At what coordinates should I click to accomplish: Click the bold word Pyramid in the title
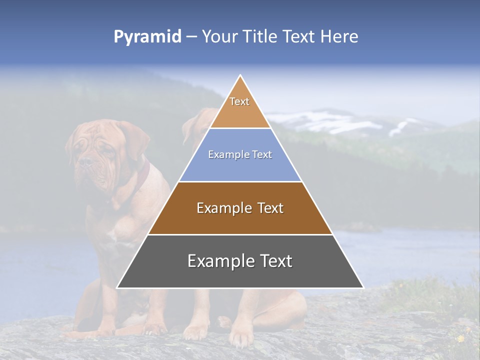point(147,37)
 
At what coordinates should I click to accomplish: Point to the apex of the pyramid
point(240,76)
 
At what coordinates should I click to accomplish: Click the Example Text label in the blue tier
point(240,154)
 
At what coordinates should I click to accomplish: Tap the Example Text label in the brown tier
point(240,208)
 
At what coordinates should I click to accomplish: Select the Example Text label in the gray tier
point(240,261)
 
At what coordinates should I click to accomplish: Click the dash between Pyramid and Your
point(191,37)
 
